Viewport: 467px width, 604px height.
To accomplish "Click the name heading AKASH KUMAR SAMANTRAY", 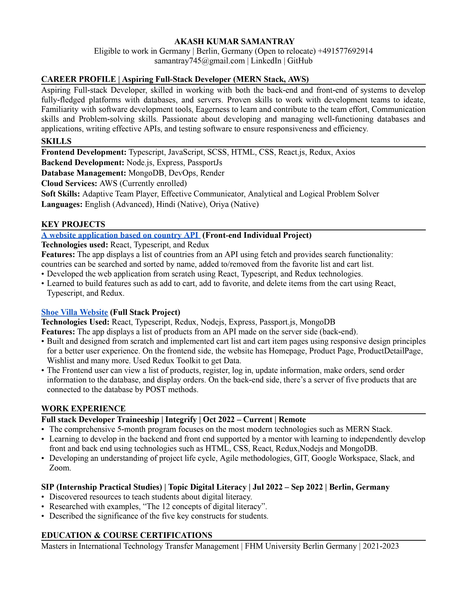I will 234,42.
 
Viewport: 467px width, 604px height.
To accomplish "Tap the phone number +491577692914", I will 345,51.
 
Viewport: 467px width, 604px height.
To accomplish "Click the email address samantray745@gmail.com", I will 199,61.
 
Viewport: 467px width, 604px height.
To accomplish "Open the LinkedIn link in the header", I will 266,61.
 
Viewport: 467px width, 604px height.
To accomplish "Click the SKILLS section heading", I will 56,141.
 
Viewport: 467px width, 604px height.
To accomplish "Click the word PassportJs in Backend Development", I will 205,163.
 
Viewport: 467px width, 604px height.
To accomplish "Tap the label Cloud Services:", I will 69,183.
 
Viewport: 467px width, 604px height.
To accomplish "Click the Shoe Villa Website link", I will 74,312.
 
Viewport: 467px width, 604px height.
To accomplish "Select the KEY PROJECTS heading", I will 73,224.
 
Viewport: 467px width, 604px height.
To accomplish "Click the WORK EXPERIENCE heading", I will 83,409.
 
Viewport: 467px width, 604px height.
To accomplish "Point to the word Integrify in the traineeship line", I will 181,420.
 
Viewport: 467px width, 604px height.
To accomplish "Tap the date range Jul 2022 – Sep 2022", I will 288,487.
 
